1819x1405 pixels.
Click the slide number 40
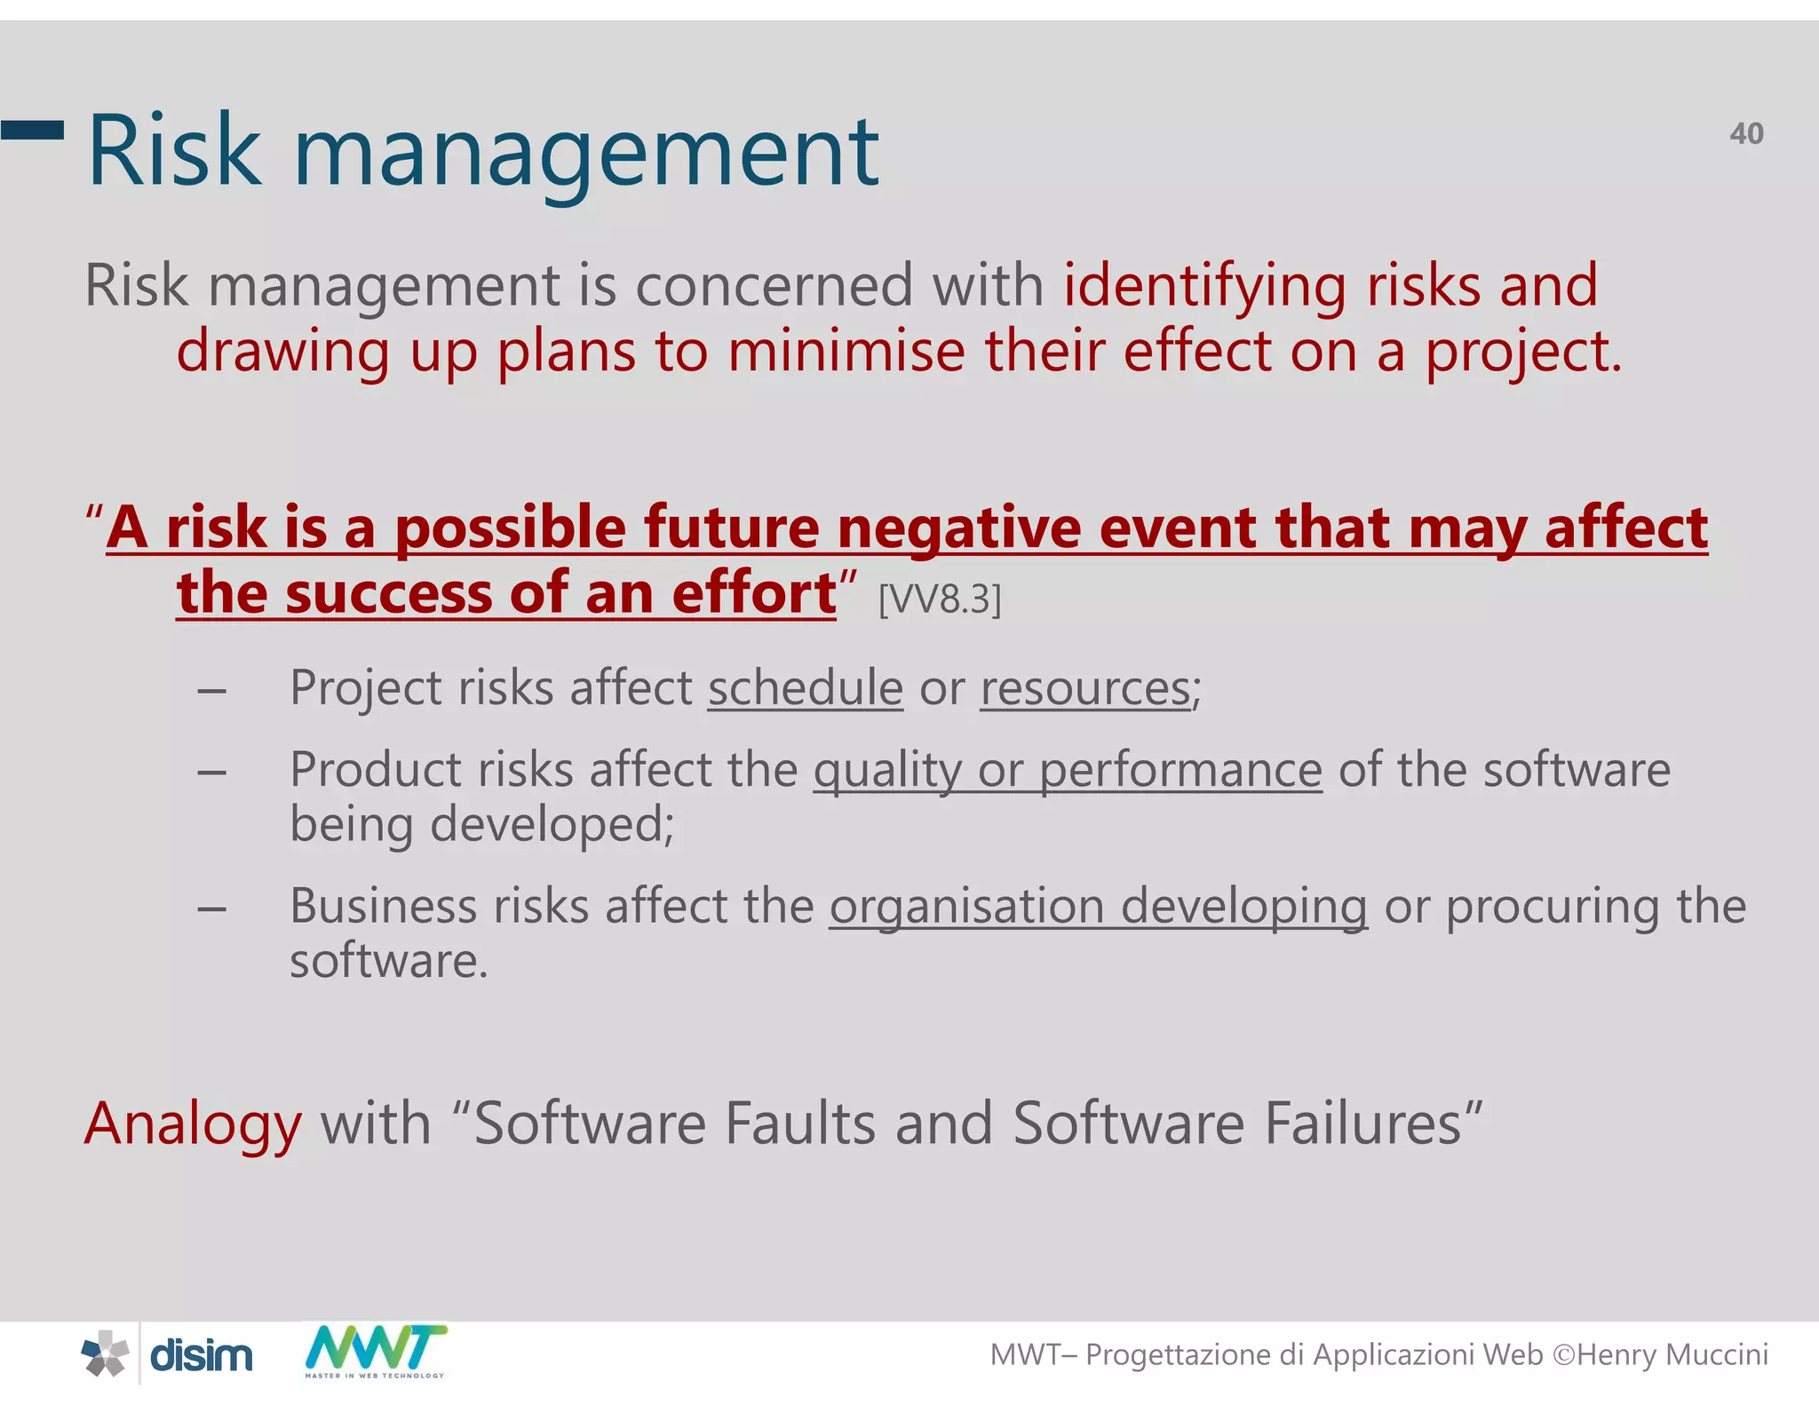point(1745,134)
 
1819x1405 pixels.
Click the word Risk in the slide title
point(175,152)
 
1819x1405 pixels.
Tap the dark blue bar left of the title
point(32,131)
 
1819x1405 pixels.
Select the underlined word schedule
point(805,688)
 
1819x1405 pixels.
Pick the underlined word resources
point(1086,688)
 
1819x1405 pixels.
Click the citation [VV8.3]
point(940,599)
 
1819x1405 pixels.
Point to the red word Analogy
point(193,1124)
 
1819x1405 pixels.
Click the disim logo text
point(202,1356)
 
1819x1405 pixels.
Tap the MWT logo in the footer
point(376,1350)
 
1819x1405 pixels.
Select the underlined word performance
point(1180,770)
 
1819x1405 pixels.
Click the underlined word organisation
point(966,907)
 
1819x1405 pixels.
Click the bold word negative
point(958,528)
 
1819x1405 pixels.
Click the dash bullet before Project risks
point(211,690)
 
